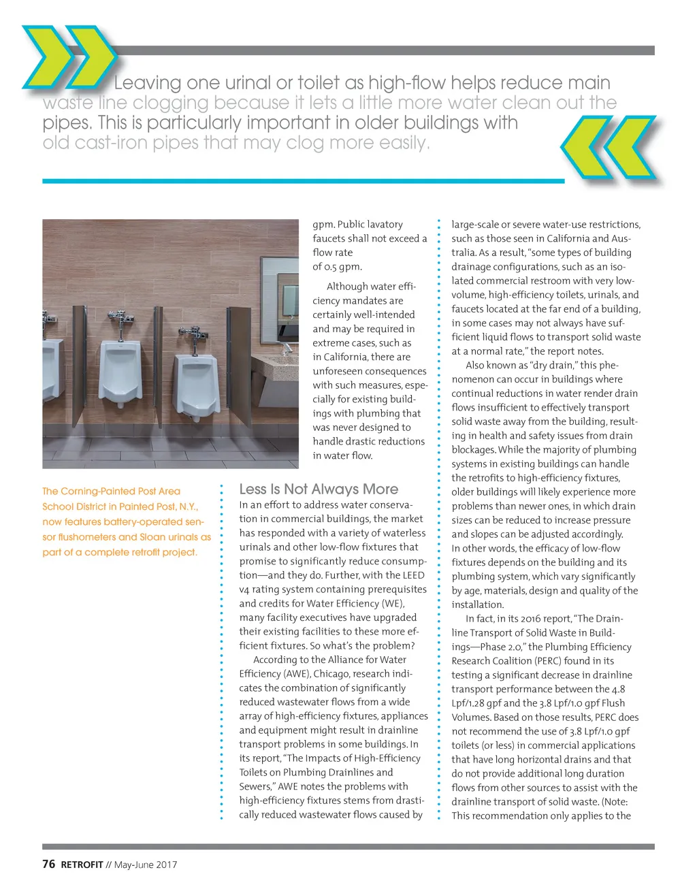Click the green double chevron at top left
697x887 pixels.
click(x=68, y=57)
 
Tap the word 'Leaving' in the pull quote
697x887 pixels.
click(x=147, y=83)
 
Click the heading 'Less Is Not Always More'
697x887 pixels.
click(x=319, y=489)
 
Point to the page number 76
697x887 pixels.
click(x=48, y=864)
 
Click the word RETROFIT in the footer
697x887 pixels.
click(x=82, y=865)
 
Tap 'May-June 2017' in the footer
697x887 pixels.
click(x=146, y=865)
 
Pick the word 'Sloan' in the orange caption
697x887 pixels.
click(x=152, y=536)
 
